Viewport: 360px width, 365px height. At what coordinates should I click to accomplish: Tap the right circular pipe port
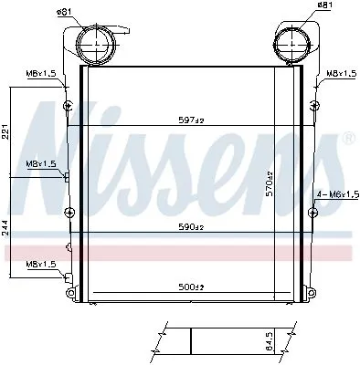291,44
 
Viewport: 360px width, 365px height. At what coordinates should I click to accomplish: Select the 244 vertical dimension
7,228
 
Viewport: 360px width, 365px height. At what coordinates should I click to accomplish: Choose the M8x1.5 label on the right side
339,72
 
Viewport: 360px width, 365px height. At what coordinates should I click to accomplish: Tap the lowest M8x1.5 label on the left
40,264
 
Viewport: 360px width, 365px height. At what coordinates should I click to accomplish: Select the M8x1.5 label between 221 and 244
40,163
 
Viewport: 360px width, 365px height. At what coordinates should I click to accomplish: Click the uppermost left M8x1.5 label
40,72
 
